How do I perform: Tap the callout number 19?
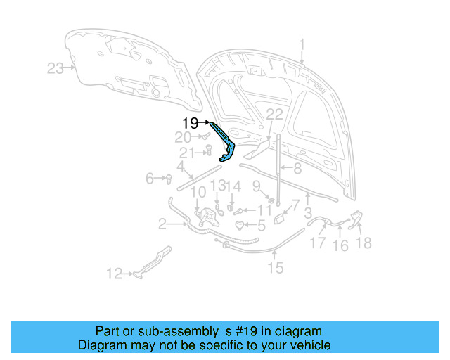click(191, 122)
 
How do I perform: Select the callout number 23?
click(56, 68)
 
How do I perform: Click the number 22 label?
click(274, 115)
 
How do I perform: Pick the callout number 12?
click(114, 274)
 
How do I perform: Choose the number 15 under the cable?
click(275, 267)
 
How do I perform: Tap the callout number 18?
click(364, 243)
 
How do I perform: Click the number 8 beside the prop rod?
click(297, 169)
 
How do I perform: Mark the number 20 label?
click(183, 138)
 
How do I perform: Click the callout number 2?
click(162, 225)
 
